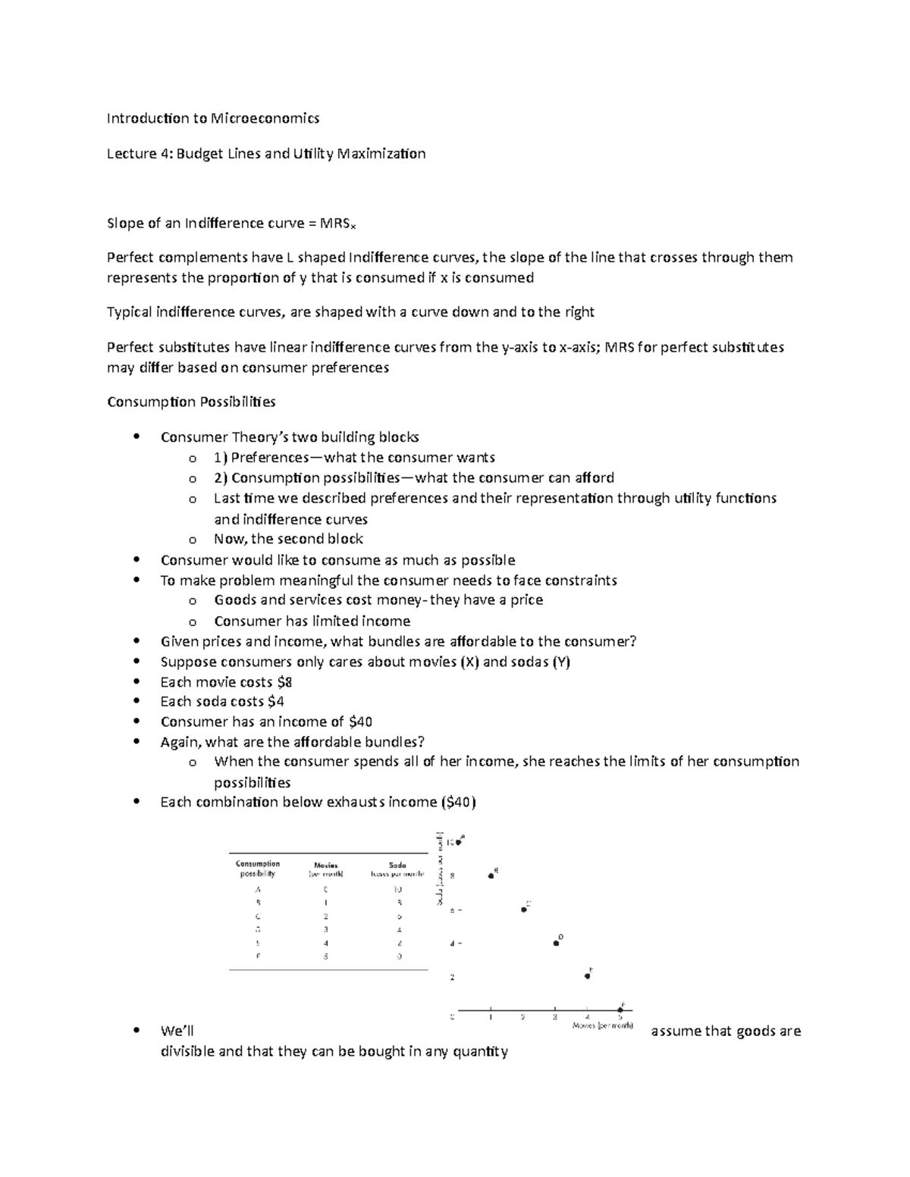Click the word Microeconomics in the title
(x=265, y=118)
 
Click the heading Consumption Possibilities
(x=191, y=402)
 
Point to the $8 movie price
(x=284, y=682)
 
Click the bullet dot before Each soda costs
(x=136, y=702)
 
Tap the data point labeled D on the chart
(x=556, y=944)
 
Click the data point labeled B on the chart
(x=491, y=876)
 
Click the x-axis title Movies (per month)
(x=602, y=1026)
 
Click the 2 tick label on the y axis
(x=452, y=978)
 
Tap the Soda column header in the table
(x=397, y=865)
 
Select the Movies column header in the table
(x=326, y=865)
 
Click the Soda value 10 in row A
(x=398, y=890)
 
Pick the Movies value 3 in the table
(x=326, y=929)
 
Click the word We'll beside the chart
(x=177, y=1031)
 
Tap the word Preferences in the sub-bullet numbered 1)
(x=269, y=458)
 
